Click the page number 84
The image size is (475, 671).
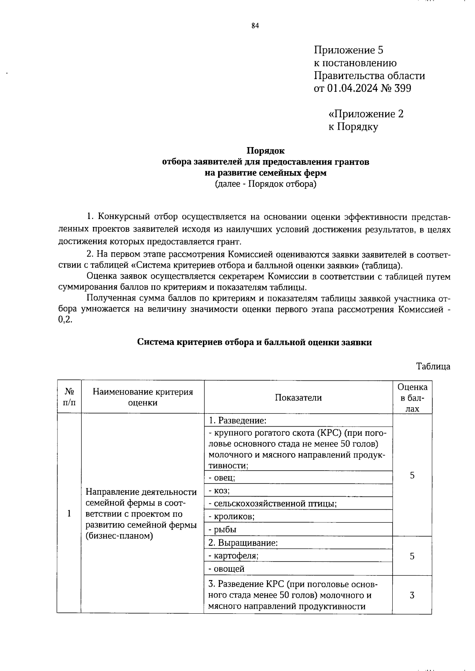tap(255, 26)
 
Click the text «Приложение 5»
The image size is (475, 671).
tap(348, 50)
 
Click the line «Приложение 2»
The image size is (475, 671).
tap(366, 114)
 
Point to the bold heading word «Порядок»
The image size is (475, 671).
tap(266, 151)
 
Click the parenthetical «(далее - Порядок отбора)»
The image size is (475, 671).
tap(266, 184)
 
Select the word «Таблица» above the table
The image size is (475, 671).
tap(433, 366)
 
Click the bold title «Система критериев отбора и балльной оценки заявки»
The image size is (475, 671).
tap(254, 342)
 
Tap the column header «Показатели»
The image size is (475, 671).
tap(298, 397)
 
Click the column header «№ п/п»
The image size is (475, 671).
tap(69, 397)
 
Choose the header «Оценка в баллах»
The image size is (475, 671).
tap(412, 397)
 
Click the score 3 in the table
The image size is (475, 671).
tap(412, 595)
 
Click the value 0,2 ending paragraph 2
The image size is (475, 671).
tap(65, 320)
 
